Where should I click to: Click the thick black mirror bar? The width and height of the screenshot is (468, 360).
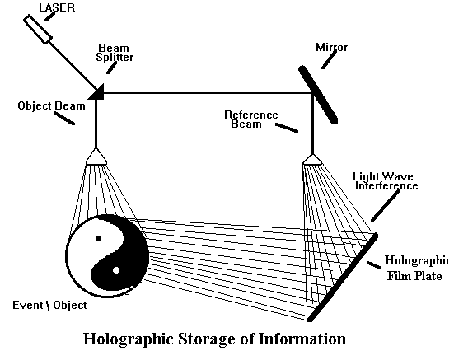coord(317,94)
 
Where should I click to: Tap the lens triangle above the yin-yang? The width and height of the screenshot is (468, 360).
coord(96,157)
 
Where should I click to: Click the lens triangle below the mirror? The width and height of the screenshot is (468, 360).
coord(311,157)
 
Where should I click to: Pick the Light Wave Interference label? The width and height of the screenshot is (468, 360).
coord(385,181)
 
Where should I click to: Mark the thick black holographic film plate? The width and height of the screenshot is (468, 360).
coord(343,277)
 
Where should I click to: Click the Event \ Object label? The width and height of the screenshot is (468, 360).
coord(50,306)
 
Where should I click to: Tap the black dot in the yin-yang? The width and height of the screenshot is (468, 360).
coord(99,238)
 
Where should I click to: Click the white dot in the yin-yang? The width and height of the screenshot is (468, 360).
coord(116,269)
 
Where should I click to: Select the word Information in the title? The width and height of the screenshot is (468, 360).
coord(297,339)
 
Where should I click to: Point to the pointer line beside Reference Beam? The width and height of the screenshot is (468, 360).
coord(286,128)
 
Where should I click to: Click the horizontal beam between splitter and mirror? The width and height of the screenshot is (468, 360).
coord(206,93)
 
